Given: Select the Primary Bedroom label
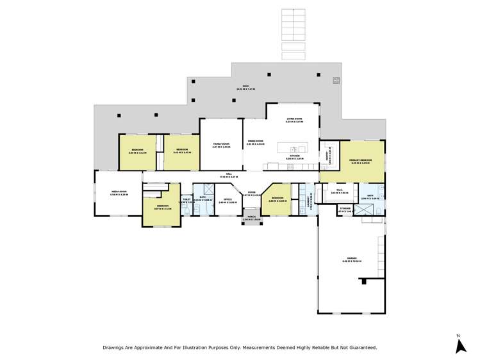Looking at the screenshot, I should [361, 161].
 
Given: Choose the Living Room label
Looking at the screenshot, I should [294, 120].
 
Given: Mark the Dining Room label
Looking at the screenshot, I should [255, 143].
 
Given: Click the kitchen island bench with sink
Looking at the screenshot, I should [292, 148].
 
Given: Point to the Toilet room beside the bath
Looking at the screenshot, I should [186, 200].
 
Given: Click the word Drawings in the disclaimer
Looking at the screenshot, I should [115, 347].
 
